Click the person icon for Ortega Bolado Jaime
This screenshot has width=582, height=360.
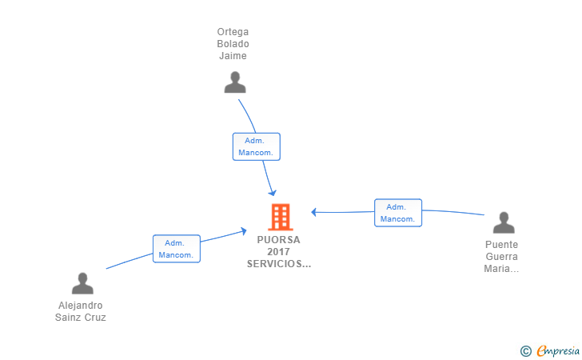(x=235, y=82)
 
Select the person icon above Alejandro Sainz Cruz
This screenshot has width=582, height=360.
(x=82, y=283)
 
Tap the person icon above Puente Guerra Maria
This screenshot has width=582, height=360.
(x=504, y=222)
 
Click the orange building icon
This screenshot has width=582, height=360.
(x=281, y=218)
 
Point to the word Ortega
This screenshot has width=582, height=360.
(x=233, y=32)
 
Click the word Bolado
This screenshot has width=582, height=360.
(x=233, y=44)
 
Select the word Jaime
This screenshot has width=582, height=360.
(x=233, y=56)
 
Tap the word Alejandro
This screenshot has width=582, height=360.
(x=80, y=306)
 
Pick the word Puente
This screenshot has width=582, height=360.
(x=501, y=245)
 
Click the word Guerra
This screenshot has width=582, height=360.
(x=501, y=256)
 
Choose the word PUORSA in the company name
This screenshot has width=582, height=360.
(x=278, y=240)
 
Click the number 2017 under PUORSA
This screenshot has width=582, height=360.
(x=278, y=251)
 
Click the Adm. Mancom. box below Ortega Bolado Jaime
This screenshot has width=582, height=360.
(x=257, y=146)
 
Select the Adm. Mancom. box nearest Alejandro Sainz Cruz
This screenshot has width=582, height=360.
(x=177, y=249)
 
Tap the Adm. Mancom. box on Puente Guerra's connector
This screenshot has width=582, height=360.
(x=398, y=213)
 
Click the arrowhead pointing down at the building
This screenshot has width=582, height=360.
(x=273, y=193)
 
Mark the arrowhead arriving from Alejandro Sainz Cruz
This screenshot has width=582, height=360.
(x=244, y=231)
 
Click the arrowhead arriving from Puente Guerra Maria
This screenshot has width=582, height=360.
(x=314, y=212)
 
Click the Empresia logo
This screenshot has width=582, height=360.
(x=550, y=350)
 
